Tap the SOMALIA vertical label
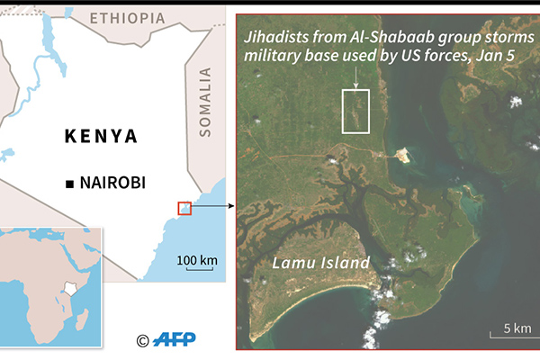[205, 102]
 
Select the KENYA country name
[102, 137]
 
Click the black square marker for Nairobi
[69, 184]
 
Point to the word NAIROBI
[112, 184]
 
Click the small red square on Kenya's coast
[184, 208]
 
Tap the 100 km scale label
[196, 261]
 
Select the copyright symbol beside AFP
[142, 340]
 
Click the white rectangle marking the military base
[357, 111]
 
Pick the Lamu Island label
[321, 263]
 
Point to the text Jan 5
[513, 55]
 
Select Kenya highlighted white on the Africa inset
[70, 291]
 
